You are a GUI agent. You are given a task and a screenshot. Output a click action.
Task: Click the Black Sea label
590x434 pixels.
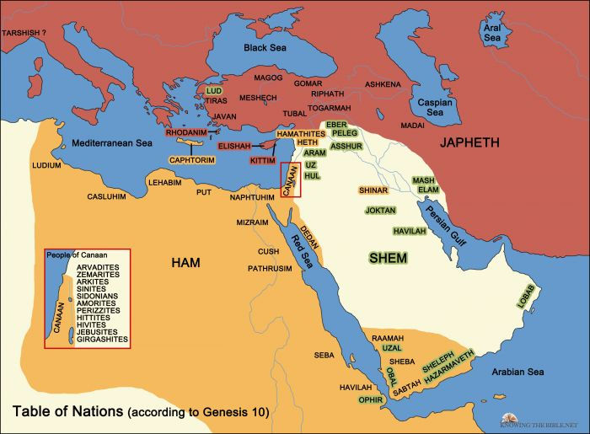coord(265,50)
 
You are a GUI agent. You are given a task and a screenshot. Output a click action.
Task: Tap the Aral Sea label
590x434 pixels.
coord(491,32)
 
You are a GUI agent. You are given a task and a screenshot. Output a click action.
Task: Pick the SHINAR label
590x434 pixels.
coord(373,190)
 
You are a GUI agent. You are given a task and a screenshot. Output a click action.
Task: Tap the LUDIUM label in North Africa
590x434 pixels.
coord(46,166)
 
